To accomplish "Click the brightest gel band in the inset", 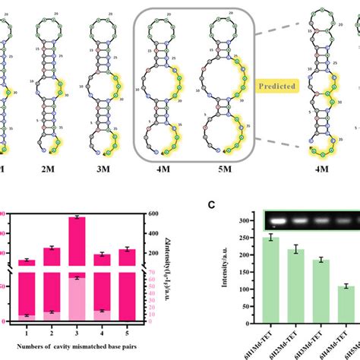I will [x=279, y=220].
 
